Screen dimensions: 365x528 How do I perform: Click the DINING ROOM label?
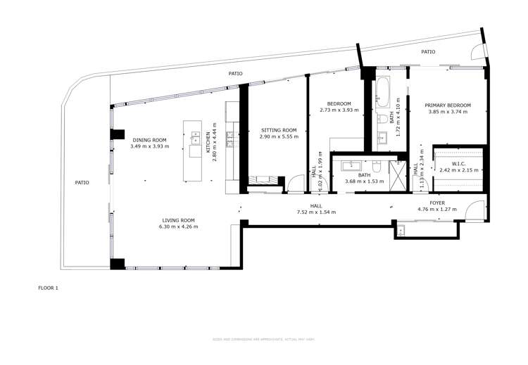click(149, 139)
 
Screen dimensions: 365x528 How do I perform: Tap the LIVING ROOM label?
click(178, 220)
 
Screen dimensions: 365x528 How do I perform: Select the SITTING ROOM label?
click(279, 130)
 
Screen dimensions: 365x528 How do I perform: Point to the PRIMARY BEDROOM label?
click(447, 105)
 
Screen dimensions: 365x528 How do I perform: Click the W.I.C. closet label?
click(453, 164)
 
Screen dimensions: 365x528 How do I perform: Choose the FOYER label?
click(437, 203)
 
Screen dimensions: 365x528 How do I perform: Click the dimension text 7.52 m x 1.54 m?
click(316, 212)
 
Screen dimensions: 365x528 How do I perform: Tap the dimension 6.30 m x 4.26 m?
click(178, 227)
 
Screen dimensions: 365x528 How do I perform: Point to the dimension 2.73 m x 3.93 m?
click(339, 110)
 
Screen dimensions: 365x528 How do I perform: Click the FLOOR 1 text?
click(48, 288)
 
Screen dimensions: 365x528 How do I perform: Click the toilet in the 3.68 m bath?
click(377, 167)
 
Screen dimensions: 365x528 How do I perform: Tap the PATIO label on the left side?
click(82, 183)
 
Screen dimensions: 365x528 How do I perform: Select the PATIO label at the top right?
click(428, 51)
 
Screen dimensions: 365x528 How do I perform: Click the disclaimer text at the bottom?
click(264, 340)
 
